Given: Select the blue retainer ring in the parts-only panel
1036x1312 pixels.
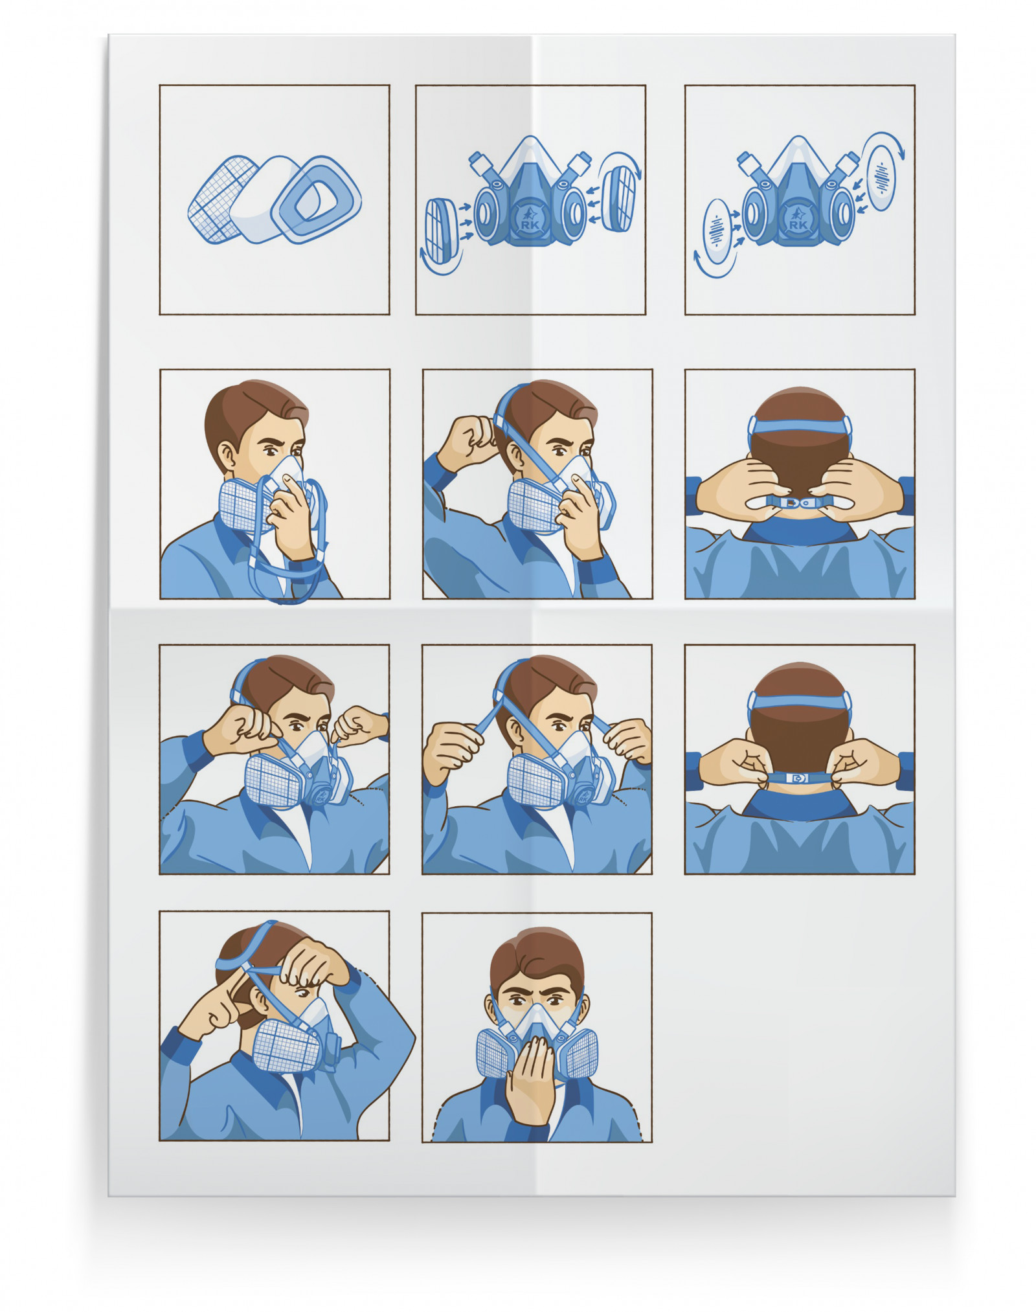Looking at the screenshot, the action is pyautogui.click(x=316, y=199).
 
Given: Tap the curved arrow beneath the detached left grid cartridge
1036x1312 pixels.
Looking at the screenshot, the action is pyautogui.click(x=442, y=262).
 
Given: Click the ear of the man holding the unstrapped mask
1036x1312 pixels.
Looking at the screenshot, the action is pyautogui.click(x=227, y=457).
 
